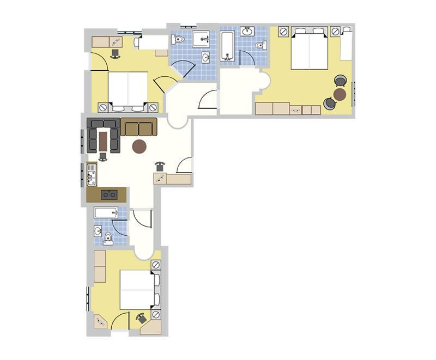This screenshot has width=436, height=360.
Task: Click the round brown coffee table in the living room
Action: pos(140,146)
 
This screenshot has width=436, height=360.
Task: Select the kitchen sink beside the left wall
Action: pos(92,174)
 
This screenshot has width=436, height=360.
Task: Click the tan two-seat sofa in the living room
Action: pos(138,128)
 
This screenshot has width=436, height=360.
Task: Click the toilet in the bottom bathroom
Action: pos(108,237)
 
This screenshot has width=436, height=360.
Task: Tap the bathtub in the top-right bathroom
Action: pos(227,46)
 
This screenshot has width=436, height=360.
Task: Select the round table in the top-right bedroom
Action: pos(340,94)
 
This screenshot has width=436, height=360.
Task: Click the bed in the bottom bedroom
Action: pos(138,290)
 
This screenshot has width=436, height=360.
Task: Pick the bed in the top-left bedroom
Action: pos(129,88)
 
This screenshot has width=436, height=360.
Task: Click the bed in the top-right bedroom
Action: pos(309,48)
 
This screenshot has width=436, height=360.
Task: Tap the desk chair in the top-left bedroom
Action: pos(116,53)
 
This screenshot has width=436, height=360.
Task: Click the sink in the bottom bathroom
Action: pos(98,231)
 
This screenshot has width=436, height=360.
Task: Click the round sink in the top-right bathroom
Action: pos(247,31)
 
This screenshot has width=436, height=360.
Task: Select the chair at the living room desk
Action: pos(160,166)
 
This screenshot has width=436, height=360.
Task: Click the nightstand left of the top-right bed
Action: pos(283,32)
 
